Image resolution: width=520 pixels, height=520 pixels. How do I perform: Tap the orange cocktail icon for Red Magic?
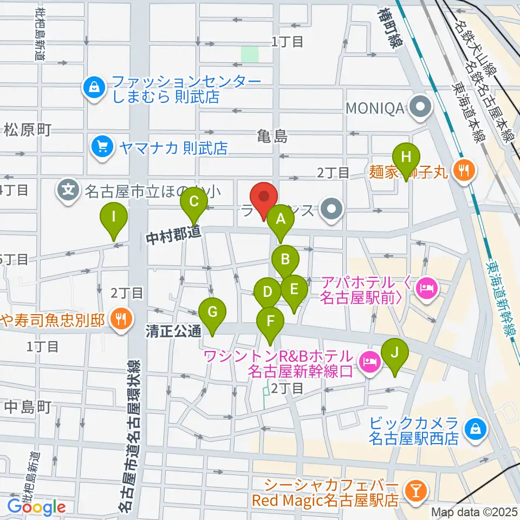pos(417,491)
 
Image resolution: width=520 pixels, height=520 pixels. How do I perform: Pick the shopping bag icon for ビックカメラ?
pos(475,428)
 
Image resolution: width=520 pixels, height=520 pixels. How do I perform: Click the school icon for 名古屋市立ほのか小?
pos(69,190)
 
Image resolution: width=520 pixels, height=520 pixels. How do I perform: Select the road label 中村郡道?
pos(173,235)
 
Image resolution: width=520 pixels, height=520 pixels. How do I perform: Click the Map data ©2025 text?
pos(474,512)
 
